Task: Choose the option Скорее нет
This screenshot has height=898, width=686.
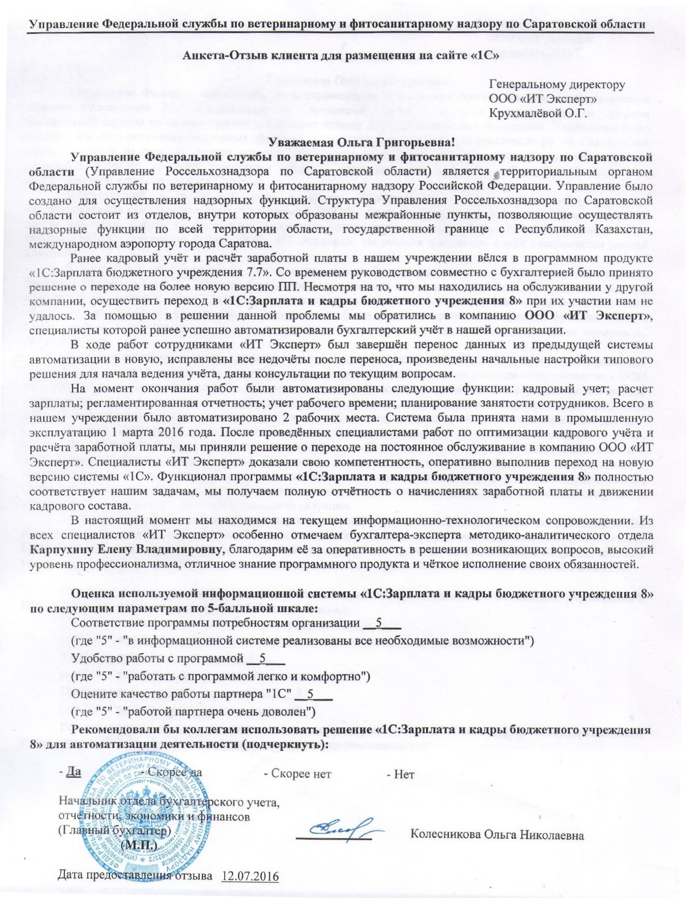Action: tap(298, 774)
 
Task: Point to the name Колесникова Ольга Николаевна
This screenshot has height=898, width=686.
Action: tap(497, 835)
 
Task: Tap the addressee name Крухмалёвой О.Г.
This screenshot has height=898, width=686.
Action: tap(538, 112)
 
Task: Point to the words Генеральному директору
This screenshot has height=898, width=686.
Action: tap(557, 85)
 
